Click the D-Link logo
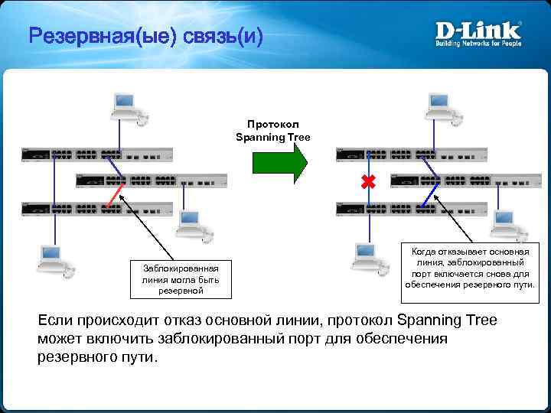(x=478, y=31)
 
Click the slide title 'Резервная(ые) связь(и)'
(x=145, y=35)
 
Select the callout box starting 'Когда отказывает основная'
(x=470, y=268)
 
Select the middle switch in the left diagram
(x=152, y=181)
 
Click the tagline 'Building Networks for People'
(x=478, y=44)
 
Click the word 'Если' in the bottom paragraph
(x=55, y=320)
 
